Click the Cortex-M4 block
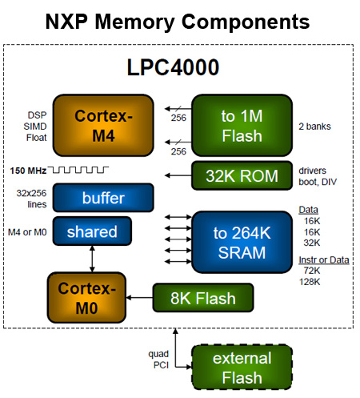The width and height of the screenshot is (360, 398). tap(102, 126)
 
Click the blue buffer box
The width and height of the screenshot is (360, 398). tap(102, 198)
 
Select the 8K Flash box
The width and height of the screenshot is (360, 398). tap(203, 299)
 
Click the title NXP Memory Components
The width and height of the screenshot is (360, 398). tap(178, 20)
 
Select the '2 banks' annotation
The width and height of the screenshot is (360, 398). tap(314, 126)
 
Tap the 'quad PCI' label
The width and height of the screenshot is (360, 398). tap(158, 359)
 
